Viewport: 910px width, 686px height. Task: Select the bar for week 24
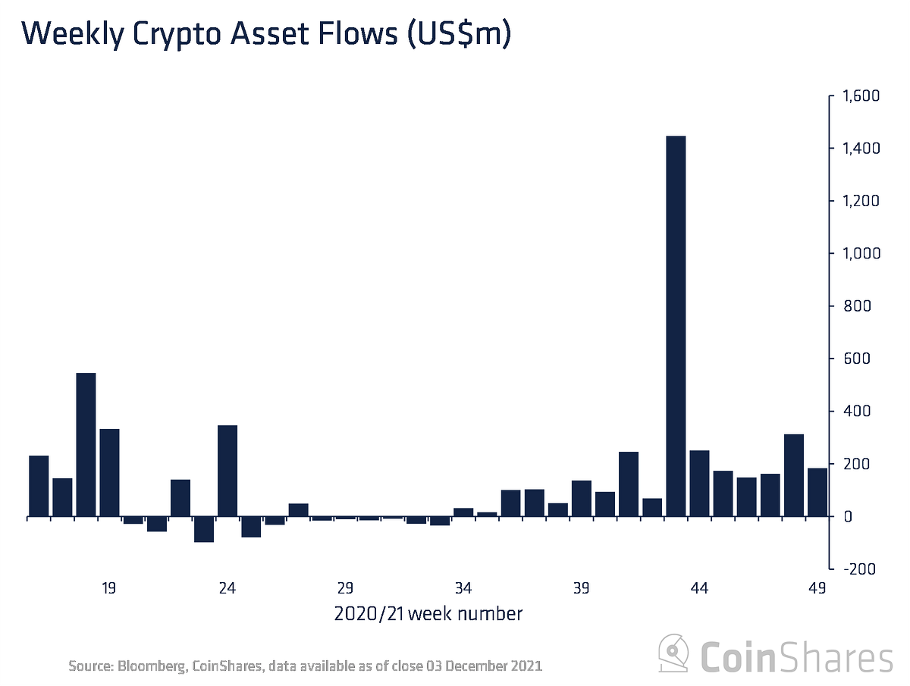point(227,471)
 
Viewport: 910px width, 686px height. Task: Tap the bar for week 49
point(817,492)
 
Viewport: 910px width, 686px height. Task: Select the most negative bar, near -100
point(204,529)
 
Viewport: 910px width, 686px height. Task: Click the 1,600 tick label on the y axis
point(857,96)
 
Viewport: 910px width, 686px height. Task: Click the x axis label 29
point(346,588)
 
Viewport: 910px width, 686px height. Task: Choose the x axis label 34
point(463,588)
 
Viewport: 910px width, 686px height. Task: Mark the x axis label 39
point(582,588)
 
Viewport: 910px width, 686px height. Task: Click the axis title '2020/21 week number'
point(428,613)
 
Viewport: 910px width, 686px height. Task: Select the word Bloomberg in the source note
point(150,666)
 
